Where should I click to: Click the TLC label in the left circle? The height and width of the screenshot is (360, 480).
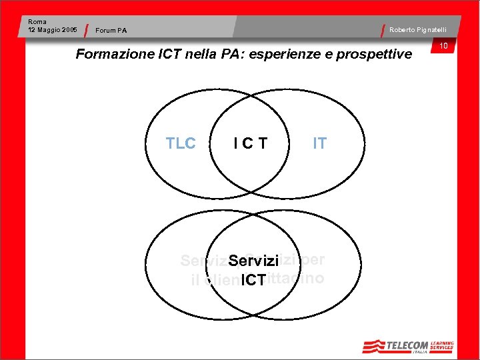pos(181,143)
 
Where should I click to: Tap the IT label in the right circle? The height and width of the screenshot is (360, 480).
pos(320,143)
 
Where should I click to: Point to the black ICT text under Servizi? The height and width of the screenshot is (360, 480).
pos(253,280)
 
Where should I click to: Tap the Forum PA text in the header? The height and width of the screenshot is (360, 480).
pos(111,30)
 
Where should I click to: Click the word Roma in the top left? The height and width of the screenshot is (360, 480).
pos(37,22)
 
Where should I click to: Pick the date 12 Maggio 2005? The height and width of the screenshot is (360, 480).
pos(53,30)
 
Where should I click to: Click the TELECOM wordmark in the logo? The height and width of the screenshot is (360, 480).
pos(407,345)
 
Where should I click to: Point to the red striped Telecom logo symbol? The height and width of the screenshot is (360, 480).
pos(374,346)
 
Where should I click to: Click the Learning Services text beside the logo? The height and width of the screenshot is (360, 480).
pos(441,345)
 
